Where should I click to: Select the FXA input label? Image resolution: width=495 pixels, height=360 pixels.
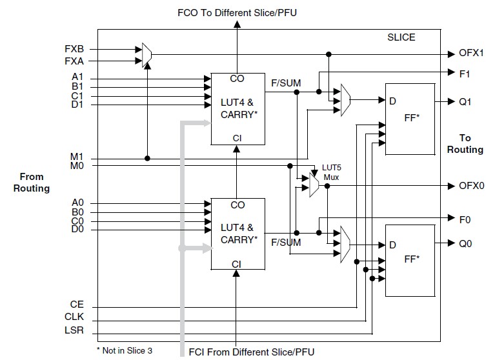(73, 61)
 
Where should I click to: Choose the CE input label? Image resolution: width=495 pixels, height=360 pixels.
(77, 303)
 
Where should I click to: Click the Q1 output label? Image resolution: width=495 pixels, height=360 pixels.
(465, 101)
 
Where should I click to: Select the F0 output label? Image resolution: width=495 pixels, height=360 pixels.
(465, 219)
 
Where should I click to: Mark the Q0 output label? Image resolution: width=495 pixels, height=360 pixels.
(465, 245)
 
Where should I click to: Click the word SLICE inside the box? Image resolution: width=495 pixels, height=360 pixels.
(401, 37)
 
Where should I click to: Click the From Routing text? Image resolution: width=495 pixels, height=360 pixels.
(32, 183)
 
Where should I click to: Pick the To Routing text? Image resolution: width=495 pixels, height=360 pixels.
(465, 144)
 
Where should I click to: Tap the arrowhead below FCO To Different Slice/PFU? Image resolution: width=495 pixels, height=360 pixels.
(237, 24)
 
